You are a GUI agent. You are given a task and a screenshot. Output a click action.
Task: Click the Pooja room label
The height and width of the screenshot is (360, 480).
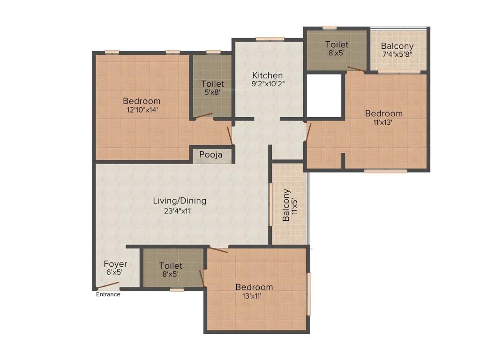[210, 155]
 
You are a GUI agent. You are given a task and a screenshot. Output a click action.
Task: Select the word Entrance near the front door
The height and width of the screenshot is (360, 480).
[108, 294]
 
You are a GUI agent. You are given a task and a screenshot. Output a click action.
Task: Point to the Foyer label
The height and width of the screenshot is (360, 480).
[115, 264]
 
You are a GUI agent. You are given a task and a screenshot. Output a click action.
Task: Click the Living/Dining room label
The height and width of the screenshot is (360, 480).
[180, 201]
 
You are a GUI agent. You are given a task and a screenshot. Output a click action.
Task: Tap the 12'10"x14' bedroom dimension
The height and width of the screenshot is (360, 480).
[142, 110]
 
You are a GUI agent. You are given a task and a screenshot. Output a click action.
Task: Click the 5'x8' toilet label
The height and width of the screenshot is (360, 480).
[213, 88]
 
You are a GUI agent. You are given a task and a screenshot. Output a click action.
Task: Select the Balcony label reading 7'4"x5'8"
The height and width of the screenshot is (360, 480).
[397, 50]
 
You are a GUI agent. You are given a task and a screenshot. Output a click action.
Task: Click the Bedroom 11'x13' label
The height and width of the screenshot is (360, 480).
[384, 117]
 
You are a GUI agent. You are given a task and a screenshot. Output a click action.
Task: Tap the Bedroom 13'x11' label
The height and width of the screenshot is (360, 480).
[254, 291]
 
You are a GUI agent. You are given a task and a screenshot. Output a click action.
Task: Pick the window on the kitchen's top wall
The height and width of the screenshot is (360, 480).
[270, 38]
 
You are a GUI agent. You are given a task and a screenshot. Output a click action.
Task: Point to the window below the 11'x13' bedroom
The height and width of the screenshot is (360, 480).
[385, 171]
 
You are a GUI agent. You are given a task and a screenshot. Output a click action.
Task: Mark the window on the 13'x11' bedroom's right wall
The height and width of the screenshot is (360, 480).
[308, 294]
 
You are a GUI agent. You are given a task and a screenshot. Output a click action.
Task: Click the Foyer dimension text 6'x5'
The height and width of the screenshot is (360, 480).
[115, 272]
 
